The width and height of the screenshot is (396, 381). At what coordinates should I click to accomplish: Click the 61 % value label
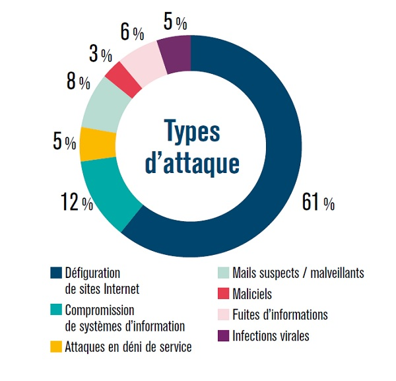click(x=317, y=203)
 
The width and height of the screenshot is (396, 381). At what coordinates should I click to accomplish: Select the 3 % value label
click(x=101, y=54)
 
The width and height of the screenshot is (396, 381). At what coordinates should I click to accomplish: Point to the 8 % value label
click(x=77, y=83)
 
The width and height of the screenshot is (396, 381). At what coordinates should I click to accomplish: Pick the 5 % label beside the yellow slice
click(x=64, y=141)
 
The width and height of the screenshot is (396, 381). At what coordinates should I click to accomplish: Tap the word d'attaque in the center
click(x=191, y=163)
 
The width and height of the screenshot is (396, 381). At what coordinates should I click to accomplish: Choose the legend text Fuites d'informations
click(x=280, y=315)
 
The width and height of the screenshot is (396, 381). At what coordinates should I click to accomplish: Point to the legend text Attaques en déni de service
click(x=128, y=347)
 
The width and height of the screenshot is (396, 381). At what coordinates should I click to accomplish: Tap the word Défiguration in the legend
click(x=93, y=273)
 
